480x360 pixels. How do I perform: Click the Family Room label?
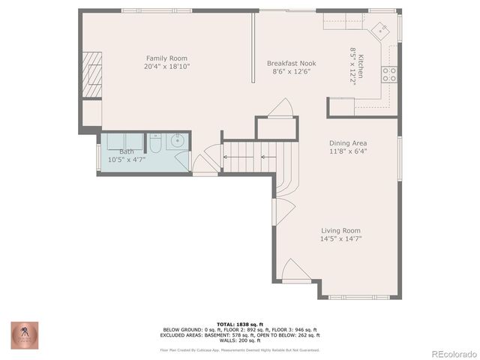[166, 58]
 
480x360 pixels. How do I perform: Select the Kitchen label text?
[361, 67]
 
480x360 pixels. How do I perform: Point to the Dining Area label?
[348, 142]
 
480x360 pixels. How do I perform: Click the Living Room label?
[340, 230]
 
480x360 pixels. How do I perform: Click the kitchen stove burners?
[389, 73]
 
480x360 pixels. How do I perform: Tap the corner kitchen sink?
[382, 30]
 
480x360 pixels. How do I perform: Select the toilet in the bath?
[153, 142]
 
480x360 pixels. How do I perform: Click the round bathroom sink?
[178, 140]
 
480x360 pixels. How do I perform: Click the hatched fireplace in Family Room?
[91, 75]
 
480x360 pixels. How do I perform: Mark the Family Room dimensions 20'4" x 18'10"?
[166, 67]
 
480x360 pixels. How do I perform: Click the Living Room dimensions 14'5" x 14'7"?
[340, 239]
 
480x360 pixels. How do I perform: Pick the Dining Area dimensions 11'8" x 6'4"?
[348, 151]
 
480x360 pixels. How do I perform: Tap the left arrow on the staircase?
[226, 157]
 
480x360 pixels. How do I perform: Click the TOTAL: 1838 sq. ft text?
[239, 324]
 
